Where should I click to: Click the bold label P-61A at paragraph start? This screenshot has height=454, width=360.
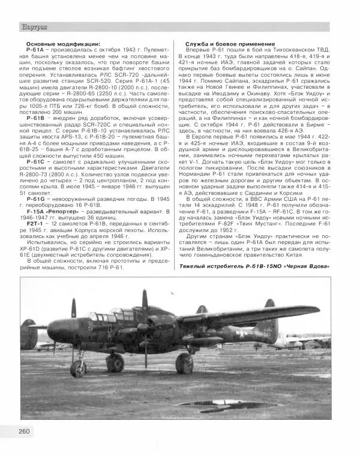[x=37, y=51]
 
